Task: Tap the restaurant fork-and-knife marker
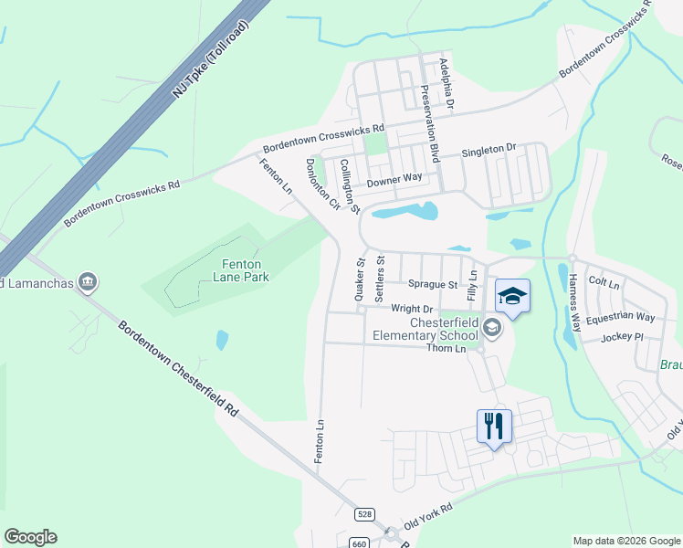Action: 494,426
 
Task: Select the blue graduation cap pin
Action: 512,296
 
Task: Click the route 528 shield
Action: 365,515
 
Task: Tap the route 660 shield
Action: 359,543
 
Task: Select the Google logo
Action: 30,537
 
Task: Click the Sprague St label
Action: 433,285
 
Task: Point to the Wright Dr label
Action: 411,309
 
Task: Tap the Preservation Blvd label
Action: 429,123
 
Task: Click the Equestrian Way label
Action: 620,317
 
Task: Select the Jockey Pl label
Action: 623,337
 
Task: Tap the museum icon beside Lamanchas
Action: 88,279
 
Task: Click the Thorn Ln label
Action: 447,348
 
